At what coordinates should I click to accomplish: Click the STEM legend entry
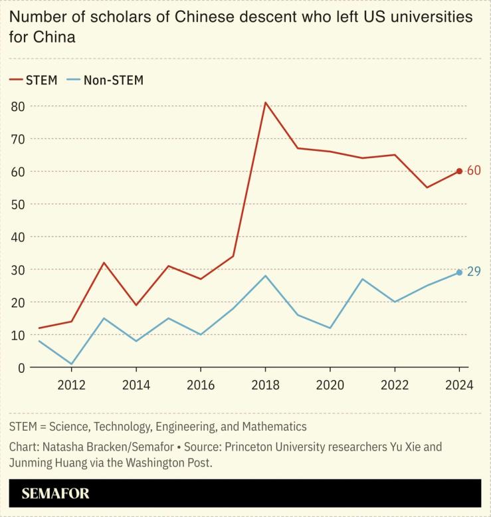pyautogui.click(x=33, y=80)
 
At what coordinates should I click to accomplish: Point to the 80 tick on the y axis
pyautogui.click(x=17, y=106)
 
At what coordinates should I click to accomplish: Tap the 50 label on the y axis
pyautogui.click(x=17, y=204)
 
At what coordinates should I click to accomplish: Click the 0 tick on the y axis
pyautogui.click(x=21, y=367)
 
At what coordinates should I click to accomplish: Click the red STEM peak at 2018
pyautogui.click(x=265, y=102)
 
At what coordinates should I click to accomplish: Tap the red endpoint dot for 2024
pyautogui.click(x=459, y=171)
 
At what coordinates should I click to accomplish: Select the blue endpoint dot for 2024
pyautogui.click(x=459, y=272)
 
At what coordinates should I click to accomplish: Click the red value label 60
pyautogui.click(x=474, y=171)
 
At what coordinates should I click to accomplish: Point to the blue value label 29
pyautogui.click(x=474, y=272)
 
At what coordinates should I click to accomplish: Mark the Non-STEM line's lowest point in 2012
pyautogui.click(x=71, y=364)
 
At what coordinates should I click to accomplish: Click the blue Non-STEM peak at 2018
pyautogui.click(x=265, y=276)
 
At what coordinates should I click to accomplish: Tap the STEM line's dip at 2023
pyautogui.click(x=427, y=187)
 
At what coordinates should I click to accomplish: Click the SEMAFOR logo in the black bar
pyautogui.click(x=55, y=494)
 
